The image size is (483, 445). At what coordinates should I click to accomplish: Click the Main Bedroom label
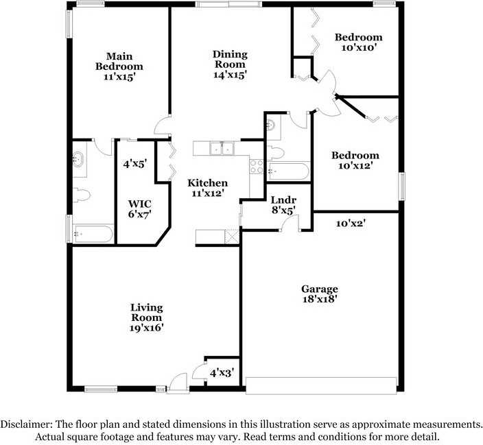[119, 61]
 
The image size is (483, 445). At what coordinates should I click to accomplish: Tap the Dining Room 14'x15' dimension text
[230, 75]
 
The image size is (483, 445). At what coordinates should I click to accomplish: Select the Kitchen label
[208, 183]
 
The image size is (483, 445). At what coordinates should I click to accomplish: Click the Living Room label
[147, 312]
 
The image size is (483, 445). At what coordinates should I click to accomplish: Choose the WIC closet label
[139, 204]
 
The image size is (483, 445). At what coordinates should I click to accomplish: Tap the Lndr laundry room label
[283, 200]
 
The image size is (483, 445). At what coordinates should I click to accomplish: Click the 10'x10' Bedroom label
[359, 37]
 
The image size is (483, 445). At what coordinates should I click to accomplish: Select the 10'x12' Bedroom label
[355, 155]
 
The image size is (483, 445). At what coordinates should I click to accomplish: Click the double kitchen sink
[222, 148]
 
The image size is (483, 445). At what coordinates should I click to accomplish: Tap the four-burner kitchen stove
[257, 167]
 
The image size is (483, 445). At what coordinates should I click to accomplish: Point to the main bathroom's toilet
[82, 195]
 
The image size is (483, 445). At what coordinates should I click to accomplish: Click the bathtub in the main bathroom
[93, 234]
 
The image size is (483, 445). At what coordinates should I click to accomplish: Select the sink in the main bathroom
[78, 159]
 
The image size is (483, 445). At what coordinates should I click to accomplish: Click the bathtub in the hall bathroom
[287, 171]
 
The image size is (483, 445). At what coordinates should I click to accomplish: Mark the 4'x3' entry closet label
[222, 373]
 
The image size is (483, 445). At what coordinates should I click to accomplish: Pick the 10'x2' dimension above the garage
[351, 223]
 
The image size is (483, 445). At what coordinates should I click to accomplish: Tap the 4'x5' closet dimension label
[135, 164]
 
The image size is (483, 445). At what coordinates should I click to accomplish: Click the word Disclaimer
[26, 424]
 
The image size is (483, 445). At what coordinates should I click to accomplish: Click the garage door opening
[321, 385]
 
